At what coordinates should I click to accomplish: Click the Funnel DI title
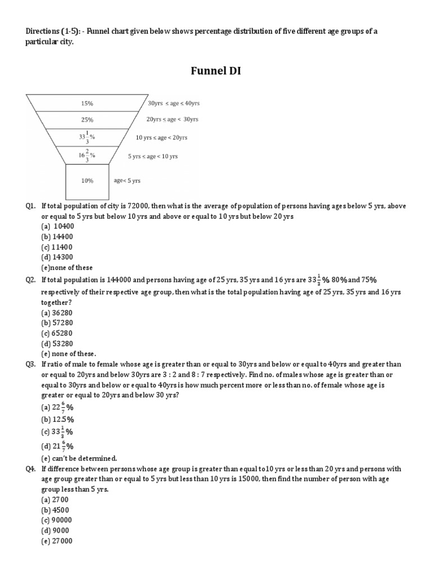tap(216, 71)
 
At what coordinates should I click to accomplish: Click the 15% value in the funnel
tap(87, 103)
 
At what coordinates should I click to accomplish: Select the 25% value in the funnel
tap(87, 120)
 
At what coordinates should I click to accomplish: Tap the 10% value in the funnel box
tap(87, 181)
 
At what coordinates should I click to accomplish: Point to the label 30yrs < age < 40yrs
tap(174, 103)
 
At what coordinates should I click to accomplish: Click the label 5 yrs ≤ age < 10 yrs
tap(152, 156)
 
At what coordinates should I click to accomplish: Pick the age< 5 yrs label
tap(127, 181)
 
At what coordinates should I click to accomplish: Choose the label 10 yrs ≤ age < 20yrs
tap(161, 137)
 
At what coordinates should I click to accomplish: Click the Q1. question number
tap(30, 206)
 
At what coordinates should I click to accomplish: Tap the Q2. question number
tap(30, 279)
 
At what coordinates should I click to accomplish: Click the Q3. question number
tap(30, 364)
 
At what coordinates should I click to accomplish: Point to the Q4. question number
tap(30, 469)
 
